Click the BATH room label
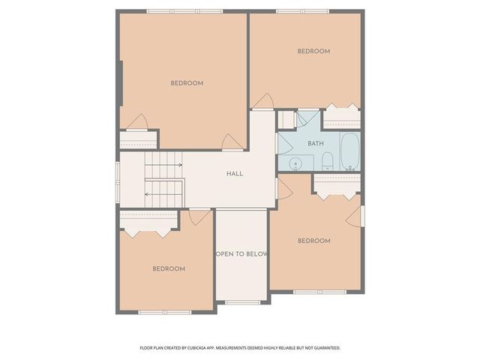pos(315,143)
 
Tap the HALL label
pos(235,173)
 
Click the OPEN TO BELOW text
pos(241,254)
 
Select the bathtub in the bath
pos(349,151)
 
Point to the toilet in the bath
pos(327,161)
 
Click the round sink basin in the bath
pos(296,163)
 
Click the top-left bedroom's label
pos(187,83)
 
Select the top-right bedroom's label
pos(313,51)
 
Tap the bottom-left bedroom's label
pos(169,268)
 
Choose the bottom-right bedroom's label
pos(313,241)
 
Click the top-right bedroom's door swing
pos(263,101)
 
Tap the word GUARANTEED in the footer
pos(325,348)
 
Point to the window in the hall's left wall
pos(117,180)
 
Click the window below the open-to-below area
pos(241,303)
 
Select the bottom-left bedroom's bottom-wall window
pos(165,312)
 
